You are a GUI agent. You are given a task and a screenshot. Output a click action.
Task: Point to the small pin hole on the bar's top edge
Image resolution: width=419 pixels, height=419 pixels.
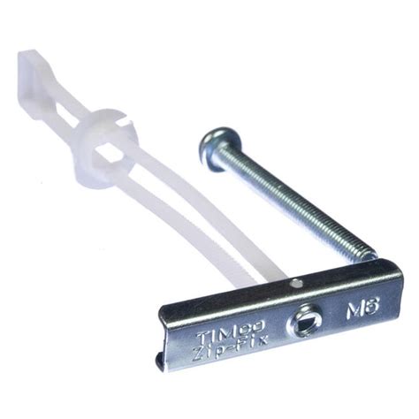(297, 284)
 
